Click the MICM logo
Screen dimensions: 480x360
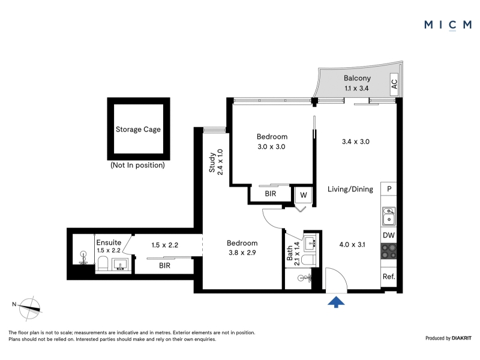(x=448, y=25)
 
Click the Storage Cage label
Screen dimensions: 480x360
(x=138, y=130)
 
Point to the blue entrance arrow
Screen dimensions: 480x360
(x=336, y=302)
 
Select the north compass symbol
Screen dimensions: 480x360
(x=29, y=308)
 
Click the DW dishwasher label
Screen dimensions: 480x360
(x=389, y=235)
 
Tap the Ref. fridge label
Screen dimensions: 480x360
(x=389, y=277)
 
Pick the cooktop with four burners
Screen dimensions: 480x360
(x=389, y=251)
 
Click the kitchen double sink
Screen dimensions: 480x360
(x=389, y=216)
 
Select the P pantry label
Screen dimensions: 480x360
(x=389, y=189)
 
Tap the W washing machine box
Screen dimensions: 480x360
(x=304, y=195)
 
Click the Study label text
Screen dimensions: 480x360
(x=212, y=162)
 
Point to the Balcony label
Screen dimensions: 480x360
(x=357, y=78)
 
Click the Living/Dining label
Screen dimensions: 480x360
(x=350, y=189)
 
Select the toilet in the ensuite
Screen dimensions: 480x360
(x=103, y=263)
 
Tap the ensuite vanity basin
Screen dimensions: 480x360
(x=120, y=265)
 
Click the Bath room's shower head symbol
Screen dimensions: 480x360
(x=305, y=278)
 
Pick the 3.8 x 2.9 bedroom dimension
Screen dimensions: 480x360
(x=242, y=253)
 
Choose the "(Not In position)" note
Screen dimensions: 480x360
(x=138, y=166)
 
